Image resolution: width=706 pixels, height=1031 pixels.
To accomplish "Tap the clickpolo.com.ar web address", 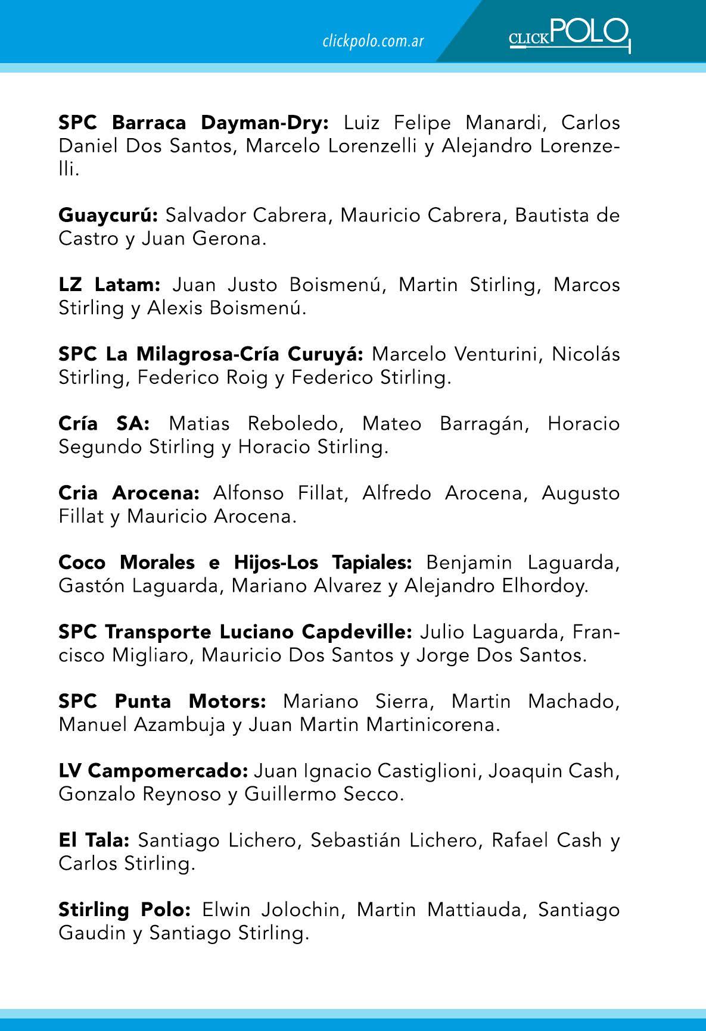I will (372, 41).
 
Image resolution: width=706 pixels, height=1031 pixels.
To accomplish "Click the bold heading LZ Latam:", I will (110, 285).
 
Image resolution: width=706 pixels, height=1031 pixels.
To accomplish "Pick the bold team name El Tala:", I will (94, 840).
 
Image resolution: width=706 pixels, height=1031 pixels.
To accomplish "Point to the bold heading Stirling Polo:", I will (125, 910).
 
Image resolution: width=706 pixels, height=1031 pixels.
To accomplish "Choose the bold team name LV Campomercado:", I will (153, 771).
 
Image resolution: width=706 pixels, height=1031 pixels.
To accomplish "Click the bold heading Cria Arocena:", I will (129, 493).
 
